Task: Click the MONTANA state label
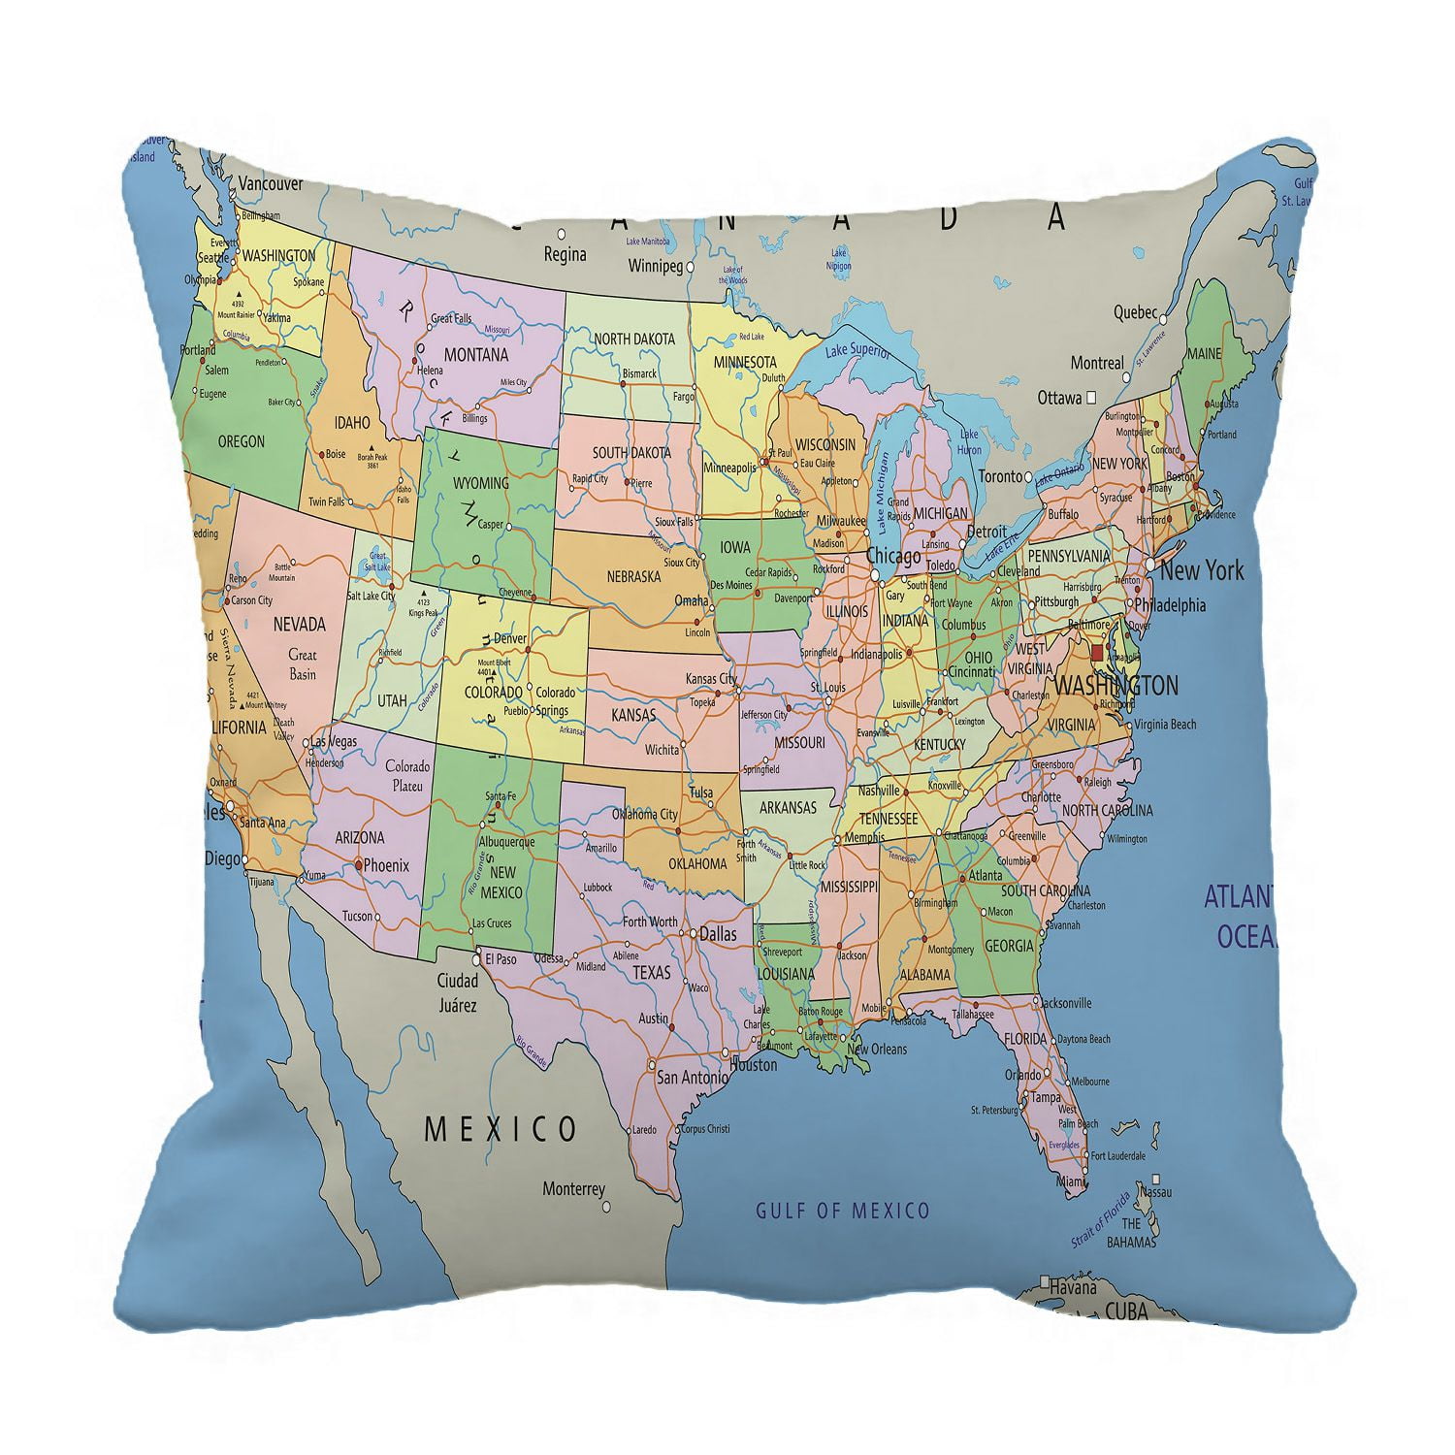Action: pyautogui.click(x=476, y=355)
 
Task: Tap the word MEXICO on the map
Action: pyautogui.click(x=501, y=1129)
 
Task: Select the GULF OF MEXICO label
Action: pyautogui.click(x=842, y=1211)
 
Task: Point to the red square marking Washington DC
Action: pyautogui.click(x=1097, y=653)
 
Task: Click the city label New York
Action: pyautogui.click(x=1201, y=569)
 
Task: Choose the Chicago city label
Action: pyautogui.click(x=893, y=557)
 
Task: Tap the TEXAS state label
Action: pyautogui.click(x=651, y=972)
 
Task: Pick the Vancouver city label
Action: pyautogui.click(x=271, y=184)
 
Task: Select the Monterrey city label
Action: pyautogui.click(x=573, y=1189)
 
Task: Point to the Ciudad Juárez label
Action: pyautogui.click(x=458, y=992)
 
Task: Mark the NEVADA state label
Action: pyautogui.click(x=299, y=625)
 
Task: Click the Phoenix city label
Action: pyautogui.click(x=386, y=865)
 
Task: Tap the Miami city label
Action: pyautogui.click(x=1071, y=1182)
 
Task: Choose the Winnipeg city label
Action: pyautogui.click(x=657, y=265)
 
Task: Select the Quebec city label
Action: pyautogui.click(x=1135, y=312)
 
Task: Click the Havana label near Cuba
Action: pyautogui.click(x=1071, y=1288)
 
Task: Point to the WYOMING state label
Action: pyautogui.click(x=480, y=483)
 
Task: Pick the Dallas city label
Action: pyautogui.click(x=717, y=934)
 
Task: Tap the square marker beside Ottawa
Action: pyautogui.click(x=1091, y=397)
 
